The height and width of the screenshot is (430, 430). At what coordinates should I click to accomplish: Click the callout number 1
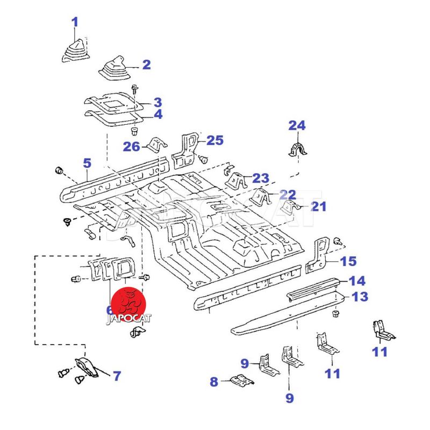point(75,23)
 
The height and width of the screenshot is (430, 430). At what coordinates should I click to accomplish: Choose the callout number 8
point(214,382)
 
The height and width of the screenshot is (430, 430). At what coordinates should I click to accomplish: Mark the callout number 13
point(360,297)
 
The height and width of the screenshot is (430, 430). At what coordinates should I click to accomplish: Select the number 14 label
point(357,280)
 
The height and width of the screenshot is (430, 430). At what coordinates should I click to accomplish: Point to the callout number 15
point(348,261)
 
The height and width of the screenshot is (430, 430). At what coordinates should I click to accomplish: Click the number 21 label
point(318,206)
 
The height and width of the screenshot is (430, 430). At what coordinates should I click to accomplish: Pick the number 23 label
point(260,178)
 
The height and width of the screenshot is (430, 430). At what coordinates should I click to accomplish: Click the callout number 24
point(297,126)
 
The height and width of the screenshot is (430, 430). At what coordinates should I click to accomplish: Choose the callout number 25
point(215,140)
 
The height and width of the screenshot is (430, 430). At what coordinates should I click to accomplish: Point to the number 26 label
point(132,146)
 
